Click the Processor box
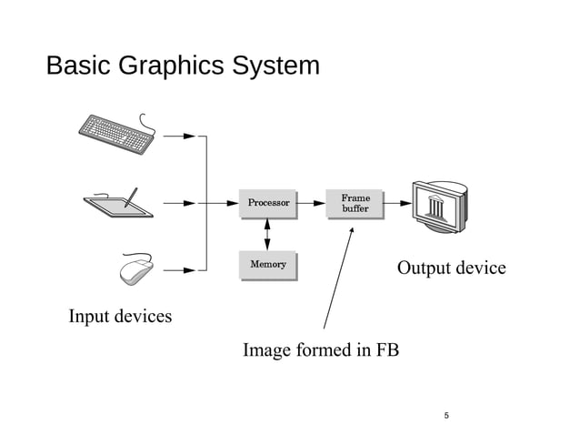(267, 203)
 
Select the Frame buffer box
(354, 204)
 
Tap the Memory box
(267, 265)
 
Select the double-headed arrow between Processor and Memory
(266, 234)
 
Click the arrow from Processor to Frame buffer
(312, 203)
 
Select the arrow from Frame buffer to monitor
(396, 203)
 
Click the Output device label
(451, 268)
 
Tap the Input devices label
(120, 317)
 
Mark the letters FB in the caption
(386, 350)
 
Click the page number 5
(446, 416)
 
